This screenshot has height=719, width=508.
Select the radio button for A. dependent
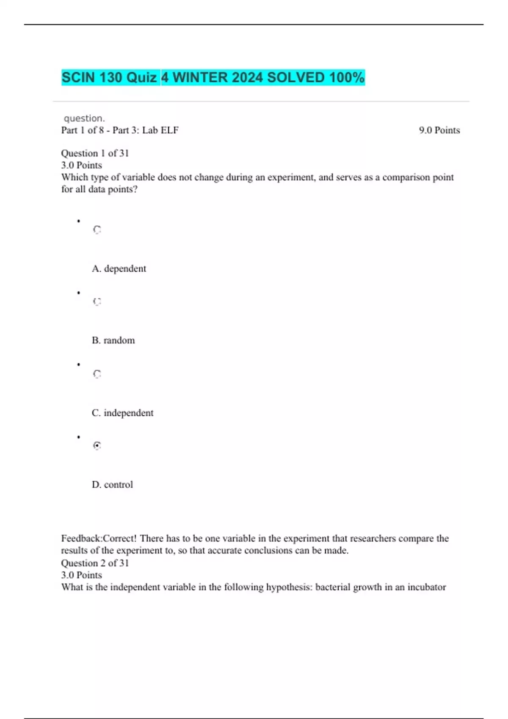(97, 230)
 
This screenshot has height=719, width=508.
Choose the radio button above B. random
(97, 302)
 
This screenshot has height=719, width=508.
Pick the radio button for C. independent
(97, 374)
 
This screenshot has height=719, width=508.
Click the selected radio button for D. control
(97, 445)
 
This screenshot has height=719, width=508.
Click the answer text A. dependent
(119, 269)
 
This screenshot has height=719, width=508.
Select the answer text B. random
(113, 340)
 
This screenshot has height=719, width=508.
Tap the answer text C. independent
(122, 413)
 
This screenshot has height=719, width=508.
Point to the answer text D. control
(112, 485)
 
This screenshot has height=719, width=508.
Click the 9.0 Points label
(439, 130)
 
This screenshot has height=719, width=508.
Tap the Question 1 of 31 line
(95, 153)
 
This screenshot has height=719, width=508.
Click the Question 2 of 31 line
(95, 563)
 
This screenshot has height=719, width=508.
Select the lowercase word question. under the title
(84, 118)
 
